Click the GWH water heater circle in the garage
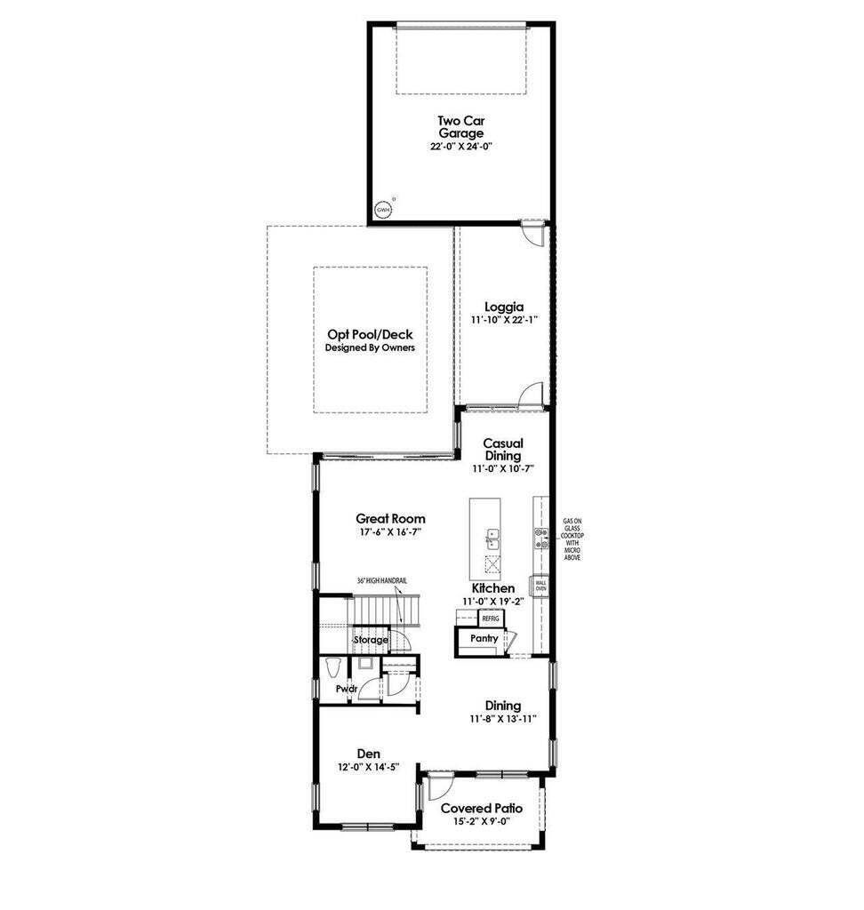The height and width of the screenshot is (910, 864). click(x=383, y=210)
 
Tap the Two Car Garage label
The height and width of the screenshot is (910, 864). click(x=460, y=127)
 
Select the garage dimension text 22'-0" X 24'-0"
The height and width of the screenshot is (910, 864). click(x=460, y=145)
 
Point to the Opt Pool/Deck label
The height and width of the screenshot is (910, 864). click(x=370, y=334)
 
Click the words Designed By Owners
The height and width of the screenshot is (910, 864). click(x=370, y=347)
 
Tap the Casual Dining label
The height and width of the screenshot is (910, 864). click(x=503, y=449)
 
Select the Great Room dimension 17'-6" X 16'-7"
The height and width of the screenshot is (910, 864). click(x=390, y=531)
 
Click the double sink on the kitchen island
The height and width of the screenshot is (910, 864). click(x=492, y=538)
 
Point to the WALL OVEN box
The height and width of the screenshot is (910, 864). click(x=540, y=586)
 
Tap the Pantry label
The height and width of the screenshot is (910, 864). click(x=484, y=638)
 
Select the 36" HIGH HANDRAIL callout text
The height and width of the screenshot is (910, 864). click(x=382, y=581)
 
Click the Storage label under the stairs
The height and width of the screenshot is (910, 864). click(x=371, y=640)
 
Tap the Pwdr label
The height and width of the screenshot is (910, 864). click(x=346, y=689)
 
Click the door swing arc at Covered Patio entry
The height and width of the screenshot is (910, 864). click(x=437, y=786)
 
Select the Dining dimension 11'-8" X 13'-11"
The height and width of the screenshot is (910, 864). click(x=503, y=718)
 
